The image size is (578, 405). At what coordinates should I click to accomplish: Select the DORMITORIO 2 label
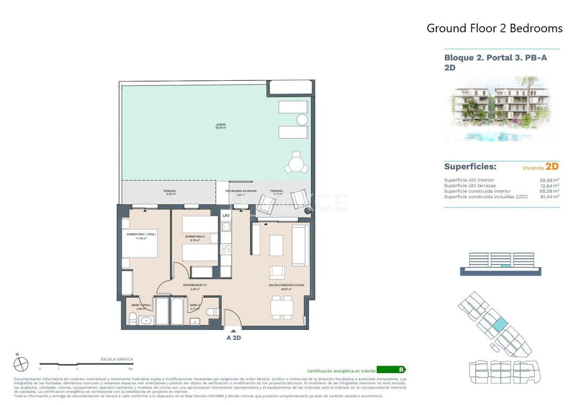(x=195, y=237)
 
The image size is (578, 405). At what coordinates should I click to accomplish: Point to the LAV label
(x=226, y=216)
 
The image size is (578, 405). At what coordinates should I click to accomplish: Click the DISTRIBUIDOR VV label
(x=195, y=285)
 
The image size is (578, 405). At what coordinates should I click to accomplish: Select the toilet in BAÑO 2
(x=213, y=312)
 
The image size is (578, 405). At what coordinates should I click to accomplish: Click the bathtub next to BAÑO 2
(x=177, y=311)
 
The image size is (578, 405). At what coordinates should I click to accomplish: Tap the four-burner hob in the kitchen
(x=226, y=248)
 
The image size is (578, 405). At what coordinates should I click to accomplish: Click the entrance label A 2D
(x=233, y=337)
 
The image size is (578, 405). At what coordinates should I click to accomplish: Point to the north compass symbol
(x=21, y=364)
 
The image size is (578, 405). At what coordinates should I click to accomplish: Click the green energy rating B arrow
(x=391, y=369)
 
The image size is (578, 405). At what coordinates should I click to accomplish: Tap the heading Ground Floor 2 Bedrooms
(x=494, y=28)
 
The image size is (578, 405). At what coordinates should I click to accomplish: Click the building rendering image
(x=501, y=108)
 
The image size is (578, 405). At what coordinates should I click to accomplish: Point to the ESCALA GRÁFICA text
(x=117, y=359)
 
